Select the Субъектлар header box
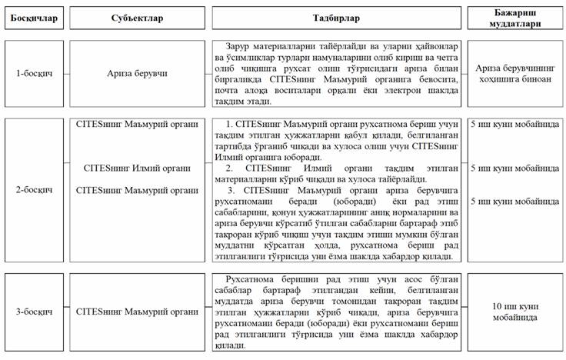point(134,18)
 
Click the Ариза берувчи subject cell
point(137,74)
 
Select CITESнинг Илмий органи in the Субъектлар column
point(137,168)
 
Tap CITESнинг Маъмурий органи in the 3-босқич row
point(137,311)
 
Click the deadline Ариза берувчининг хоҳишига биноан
point(514,74)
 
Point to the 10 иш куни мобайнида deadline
point(514,311)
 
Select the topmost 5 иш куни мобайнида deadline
point(514,123)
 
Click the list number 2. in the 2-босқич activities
point(229,168)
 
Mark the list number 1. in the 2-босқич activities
point(229,124)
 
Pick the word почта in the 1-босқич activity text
point(234,91)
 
